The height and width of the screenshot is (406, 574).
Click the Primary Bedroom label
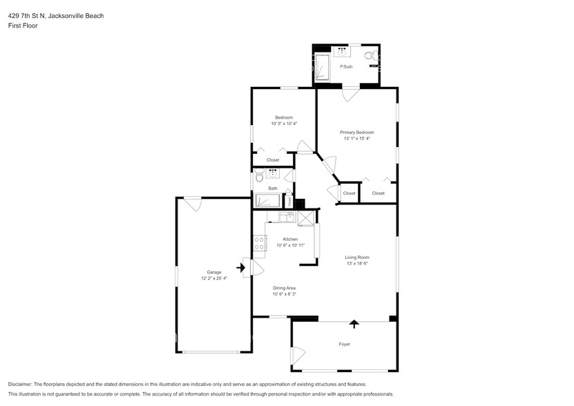click(x=356, y=132)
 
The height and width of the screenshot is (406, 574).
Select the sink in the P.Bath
click(x=341, y=50)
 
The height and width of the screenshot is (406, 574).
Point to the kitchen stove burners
click(x=260, y=243)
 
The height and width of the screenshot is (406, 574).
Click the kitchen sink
click(x=284, y=217)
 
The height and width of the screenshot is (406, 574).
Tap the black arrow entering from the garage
click(x=242, y=267)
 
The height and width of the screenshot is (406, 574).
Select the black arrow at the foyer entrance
click(x=355, y=322)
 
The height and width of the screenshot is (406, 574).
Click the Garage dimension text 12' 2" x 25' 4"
click(x=214, y=278)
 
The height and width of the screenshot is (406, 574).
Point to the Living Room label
click(x=357, y=258)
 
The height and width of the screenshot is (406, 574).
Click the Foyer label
click(x=344, y=344)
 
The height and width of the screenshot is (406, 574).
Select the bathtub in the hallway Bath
click(x=267, y=201)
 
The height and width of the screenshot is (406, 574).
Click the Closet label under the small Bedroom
click(x=273, y=160)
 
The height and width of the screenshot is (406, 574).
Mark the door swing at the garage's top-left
click(x=192, y=204)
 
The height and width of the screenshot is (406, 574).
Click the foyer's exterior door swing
click(x=298, y=356)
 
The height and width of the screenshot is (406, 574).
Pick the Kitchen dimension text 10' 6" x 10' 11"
click(x=290, y=245)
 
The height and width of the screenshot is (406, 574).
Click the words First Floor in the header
click(x=23, y=26)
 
